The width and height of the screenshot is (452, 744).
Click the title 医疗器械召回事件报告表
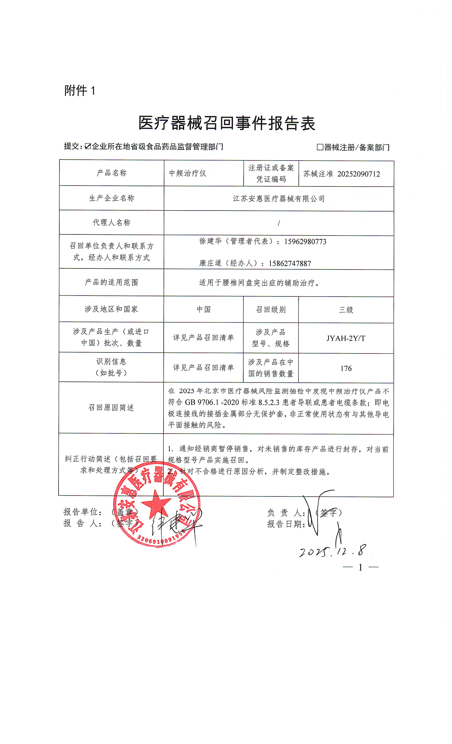(x=227, y=123)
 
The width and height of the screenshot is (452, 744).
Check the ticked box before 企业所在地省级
(x=88, y=146)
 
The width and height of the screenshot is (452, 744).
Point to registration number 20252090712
(x=358, y=174)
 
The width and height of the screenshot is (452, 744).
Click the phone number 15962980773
(x=305, y=242)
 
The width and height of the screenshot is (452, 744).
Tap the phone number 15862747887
(x=290, y=264)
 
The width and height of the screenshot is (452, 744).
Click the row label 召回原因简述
(x=111, y=408)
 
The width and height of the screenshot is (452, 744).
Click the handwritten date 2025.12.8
(x=332, y=551)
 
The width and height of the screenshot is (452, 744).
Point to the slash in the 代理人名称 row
(x=279, y=223)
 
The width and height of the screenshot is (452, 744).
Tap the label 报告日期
(x=286, y=524)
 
